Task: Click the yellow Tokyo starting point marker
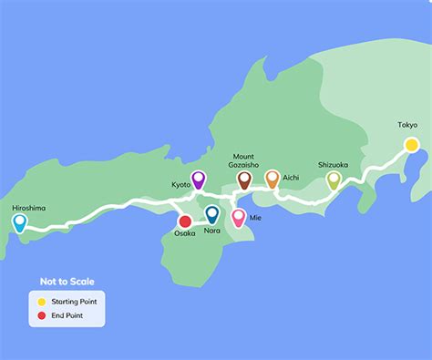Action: pyautogui.click(x=412, y=144)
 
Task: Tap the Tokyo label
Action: pyautogui.click(x=407, y=125)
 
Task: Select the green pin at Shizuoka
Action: pyautogui.click(x=334, y=180)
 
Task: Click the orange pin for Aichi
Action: pyautogui.click(x=272, y=179)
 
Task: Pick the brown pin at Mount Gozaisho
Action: pyautogui.click(x=244, y=180)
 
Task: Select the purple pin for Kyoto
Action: pyautogui.click(x=199, y=179)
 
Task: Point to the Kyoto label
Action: pyautogui.click(x=181, y=184)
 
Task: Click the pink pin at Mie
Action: pyautogui.click(x=239, y=217)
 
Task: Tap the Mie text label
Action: pyautogui.click(x=255, y=218)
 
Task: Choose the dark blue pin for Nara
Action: pyautogui.click(x=212, y=214)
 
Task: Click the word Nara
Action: pyautogui.click(x=212, y=231)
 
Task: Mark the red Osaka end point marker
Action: pyautogui.click(x=185, y=221)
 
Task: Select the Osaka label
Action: pyautogui.click(x=185, y=234)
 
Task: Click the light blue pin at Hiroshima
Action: pyautogui.click(x=20, y=221)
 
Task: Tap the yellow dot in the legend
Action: pyautogui.click(x=41, y=301)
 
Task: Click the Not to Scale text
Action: pyautogui.click(x=67, y=282)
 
